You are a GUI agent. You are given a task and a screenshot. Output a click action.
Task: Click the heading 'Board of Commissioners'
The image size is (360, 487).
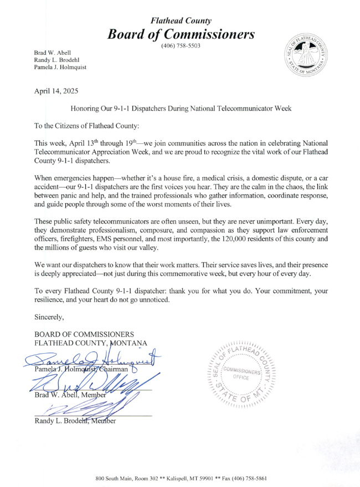(x=181, y=34)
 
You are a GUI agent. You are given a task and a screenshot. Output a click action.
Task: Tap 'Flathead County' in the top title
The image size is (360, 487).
(x=181, y=20)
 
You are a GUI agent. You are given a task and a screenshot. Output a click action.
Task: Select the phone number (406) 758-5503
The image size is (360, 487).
(x=181, y=45)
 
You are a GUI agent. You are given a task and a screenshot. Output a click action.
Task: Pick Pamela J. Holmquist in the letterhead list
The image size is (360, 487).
(x=60, y=68)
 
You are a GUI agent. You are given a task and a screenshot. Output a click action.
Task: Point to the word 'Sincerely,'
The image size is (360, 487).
(x=49, y=317)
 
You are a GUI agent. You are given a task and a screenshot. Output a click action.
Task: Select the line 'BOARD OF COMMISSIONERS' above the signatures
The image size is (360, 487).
(x=84, y=334)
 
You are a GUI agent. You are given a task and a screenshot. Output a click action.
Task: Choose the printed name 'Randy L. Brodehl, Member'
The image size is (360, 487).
(x=75, y=422)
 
